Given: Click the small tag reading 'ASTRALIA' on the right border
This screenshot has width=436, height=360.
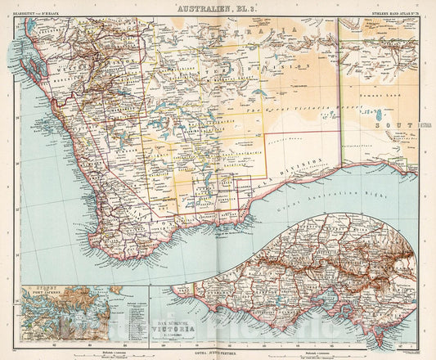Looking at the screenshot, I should click(x=425, y=125).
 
